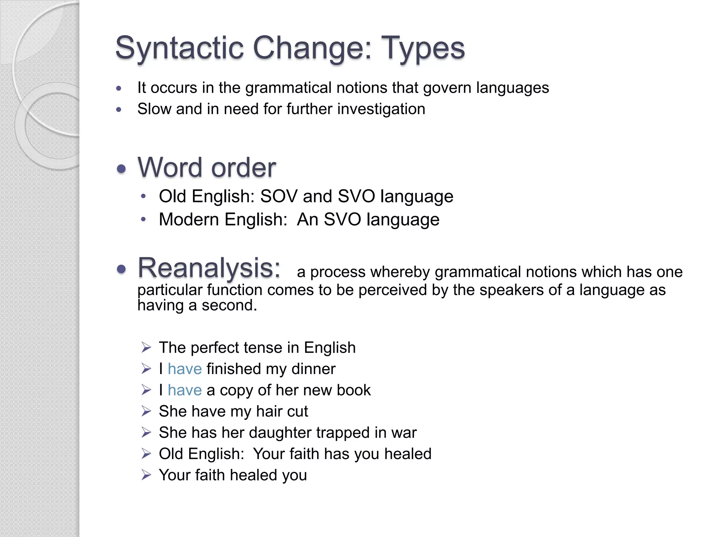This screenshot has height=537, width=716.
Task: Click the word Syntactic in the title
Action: coord(179,48)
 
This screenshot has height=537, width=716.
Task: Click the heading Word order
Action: coord(207,168)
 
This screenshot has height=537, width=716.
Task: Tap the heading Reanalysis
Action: coord(209,268)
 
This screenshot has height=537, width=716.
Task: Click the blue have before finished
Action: coord(185,369)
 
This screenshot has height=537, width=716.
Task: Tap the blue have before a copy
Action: coord(185,390)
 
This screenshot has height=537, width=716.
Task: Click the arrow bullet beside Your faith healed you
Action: coord(146,475)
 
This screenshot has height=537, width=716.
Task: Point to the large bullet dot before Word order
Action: coord(121,170)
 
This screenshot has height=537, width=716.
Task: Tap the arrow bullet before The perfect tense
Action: coord(146,348)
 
